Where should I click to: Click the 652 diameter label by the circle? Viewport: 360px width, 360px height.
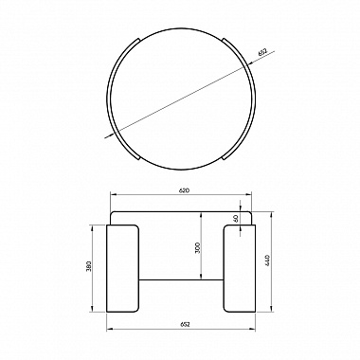(x=262, y=52)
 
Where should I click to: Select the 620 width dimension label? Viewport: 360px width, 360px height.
(x=184, y=190)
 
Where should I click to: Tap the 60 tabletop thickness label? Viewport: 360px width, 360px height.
(x=236, y=218)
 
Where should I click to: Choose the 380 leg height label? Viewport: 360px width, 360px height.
(x=88, y=266)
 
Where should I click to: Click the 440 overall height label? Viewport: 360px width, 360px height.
(x=267, y=260)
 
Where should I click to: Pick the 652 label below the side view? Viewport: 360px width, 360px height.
(x=185, y=324)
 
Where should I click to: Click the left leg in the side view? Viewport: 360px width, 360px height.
(x=122, y=268)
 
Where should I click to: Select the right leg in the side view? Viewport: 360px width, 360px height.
(x=240, y=268)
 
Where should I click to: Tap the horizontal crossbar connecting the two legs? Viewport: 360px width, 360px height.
(x=181, y=279)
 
